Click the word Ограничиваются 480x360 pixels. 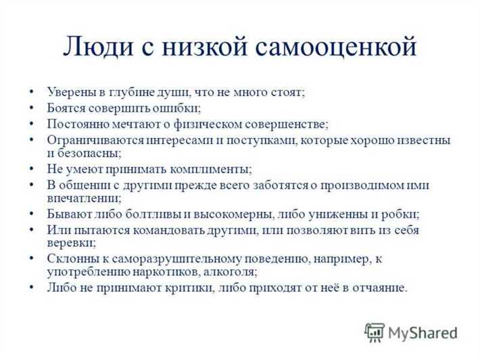91,140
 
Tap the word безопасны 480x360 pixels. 89,153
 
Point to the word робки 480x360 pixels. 402,215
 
